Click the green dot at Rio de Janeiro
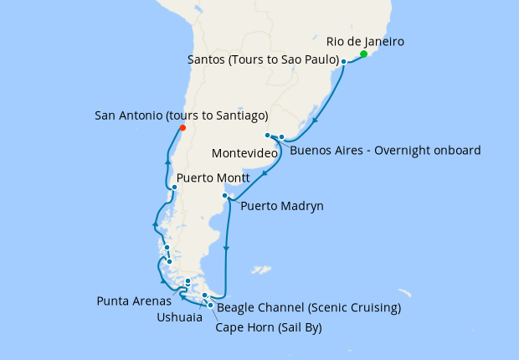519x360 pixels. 363,54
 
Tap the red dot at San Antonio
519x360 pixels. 182,128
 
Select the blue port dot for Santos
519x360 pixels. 343,62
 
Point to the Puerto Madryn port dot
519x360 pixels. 224,196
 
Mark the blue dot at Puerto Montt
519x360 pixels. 174,187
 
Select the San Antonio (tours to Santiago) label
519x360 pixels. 182,115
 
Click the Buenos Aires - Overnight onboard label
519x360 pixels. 385,151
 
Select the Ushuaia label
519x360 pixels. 178,317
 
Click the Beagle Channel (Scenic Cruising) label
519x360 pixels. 309,307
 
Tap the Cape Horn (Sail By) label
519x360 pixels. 268,327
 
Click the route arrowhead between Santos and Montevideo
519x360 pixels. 314,120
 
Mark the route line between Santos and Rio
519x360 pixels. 353,59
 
